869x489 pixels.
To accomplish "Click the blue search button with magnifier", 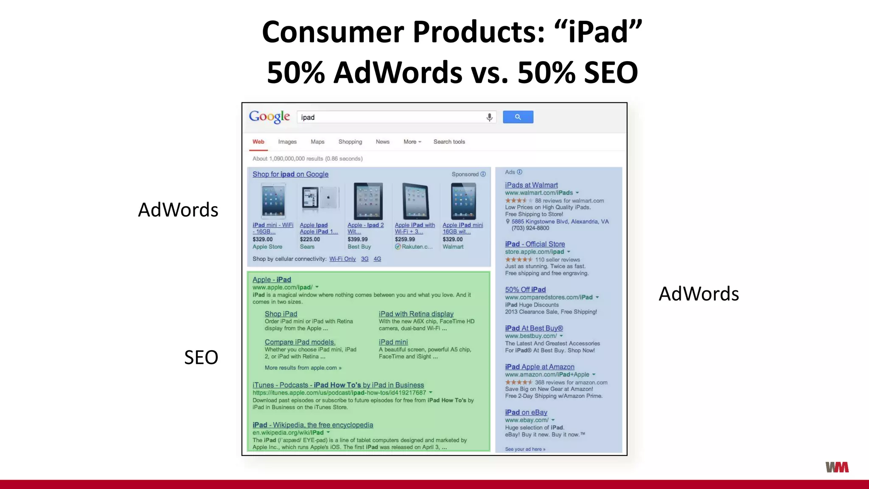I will click(x=518, y=117).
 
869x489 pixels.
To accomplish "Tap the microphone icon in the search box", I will click(x=489, y=117).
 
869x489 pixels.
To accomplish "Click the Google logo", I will click(x=269, y=117).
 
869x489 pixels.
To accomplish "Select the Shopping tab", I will click(x=350, y=142).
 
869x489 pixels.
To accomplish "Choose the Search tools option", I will click(x=449, y=142).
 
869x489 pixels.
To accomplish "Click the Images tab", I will click(x=287, y=142).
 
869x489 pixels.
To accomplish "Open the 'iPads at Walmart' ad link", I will click(x=531, y=185).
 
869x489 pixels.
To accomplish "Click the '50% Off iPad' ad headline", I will click(x=525, y=289).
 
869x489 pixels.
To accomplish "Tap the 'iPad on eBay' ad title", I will click(x=526, y=412).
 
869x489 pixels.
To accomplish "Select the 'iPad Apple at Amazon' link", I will click(x=539, y=367).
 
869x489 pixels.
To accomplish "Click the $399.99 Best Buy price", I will click(x=358, y=239).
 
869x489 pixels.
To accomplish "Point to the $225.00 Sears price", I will click(x=310, y=239).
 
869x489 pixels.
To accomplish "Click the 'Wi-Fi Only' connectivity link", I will click(x=342, y=259).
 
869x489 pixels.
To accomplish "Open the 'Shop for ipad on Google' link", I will click(x=290, y=174).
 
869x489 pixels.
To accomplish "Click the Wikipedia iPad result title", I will click(x=313, y=425).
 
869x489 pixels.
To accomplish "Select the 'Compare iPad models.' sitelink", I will click(x=300, y=342).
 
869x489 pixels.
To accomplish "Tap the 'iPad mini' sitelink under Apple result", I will click(x=393, y=342).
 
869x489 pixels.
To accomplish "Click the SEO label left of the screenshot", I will click(x=201, y=357).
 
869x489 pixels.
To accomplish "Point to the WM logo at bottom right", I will click(x=837, y=467).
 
